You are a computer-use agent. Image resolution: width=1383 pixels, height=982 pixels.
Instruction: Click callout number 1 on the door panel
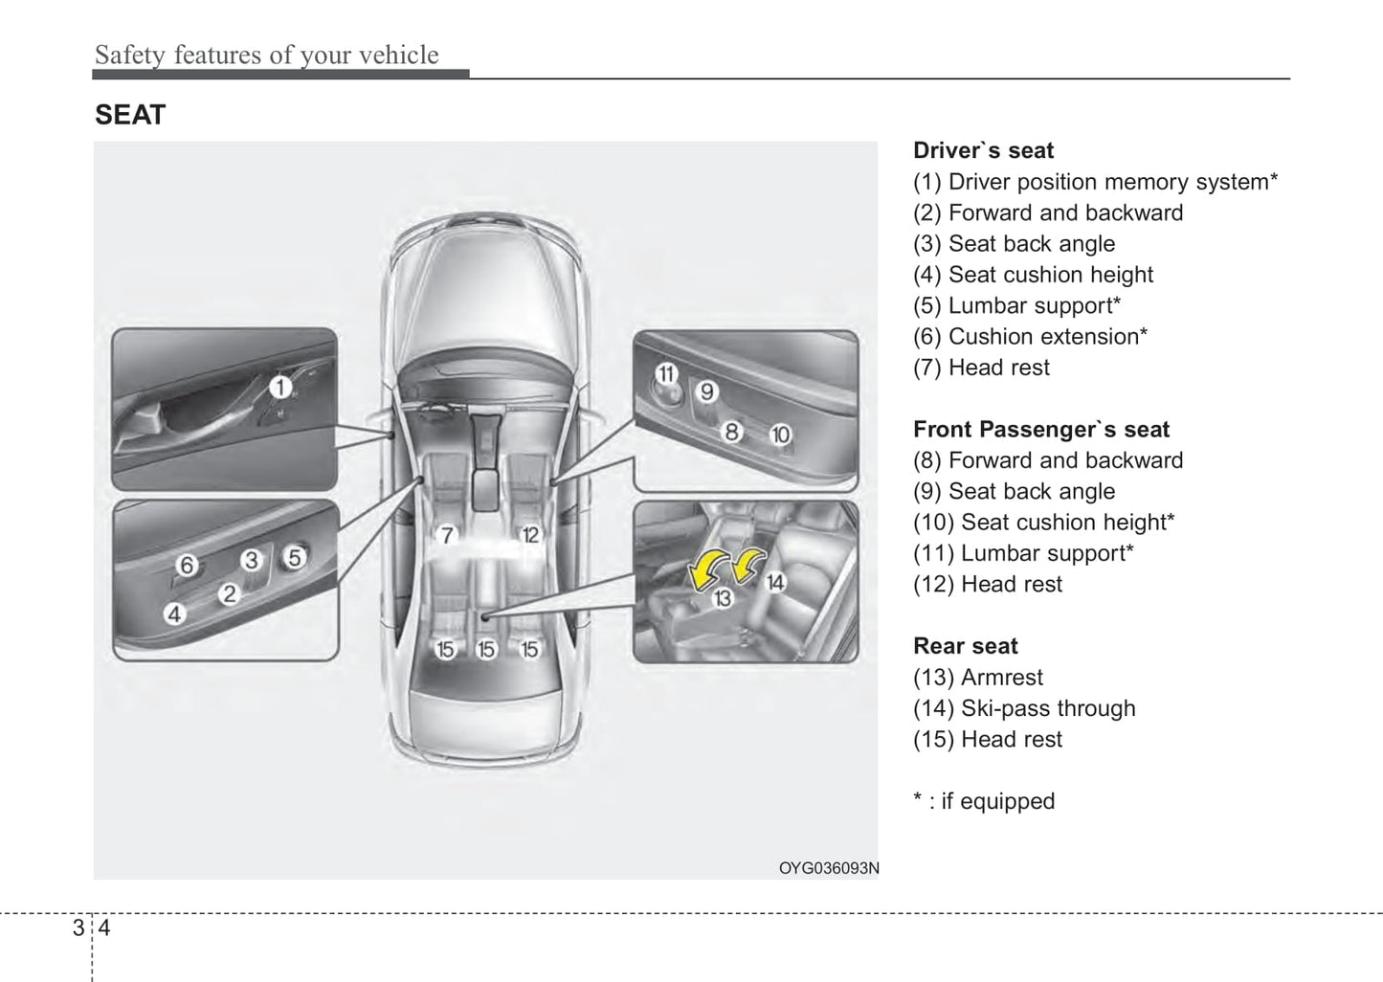279,388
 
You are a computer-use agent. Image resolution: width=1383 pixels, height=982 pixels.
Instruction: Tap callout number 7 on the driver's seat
446,535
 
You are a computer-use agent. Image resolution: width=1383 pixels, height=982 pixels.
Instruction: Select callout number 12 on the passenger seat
530,535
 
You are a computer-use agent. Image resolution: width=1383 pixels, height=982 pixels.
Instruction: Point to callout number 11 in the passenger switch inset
666,374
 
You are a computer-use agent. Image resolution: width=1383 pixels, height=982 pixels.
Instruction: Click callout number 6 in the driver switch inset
187,566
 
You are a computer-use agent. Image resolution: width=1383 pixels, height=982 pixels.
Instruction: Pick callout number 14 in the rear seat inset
775,582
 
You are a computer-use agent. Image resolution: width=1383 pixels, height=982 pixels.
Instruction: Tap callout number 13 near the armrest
723,598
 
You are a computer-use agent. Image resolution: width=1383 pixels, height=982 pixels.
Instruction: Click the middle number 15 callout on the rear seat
486,650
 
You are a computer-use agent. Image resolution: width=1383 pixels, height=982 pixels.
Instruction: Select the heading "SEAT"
130,115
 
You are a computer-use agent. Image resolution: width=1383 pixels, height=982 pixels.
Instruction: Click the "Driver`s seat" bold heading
983,150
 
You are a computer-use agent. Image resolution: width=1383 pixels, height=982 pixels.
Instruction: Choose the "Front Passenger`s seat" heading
1041,429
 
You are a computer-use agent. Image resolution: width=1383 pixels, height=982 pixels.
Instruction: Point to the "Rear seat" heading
965,646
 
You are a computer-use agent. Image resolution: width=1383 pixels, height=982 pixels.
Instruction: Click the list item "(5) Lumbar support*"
1016,305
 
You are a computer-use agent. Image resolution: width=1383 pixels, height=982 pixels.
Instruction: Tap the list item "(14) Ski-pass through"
1024,708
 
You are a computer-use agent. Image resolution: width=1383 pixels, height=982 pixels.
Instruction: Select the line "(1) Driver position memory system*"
1095,182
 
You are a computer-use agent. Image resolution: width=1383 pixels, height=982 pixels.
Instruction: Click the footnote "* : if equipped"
984,801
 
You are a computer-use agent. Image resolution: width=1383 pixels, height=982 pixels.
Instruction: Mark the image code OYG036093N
828,868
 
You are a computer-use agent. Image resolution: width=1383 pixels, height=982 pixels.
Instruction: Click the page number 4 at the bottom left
104,927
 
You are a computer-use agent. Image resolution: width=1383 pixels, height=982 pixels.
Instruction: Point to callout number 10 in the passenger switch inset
781,435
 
